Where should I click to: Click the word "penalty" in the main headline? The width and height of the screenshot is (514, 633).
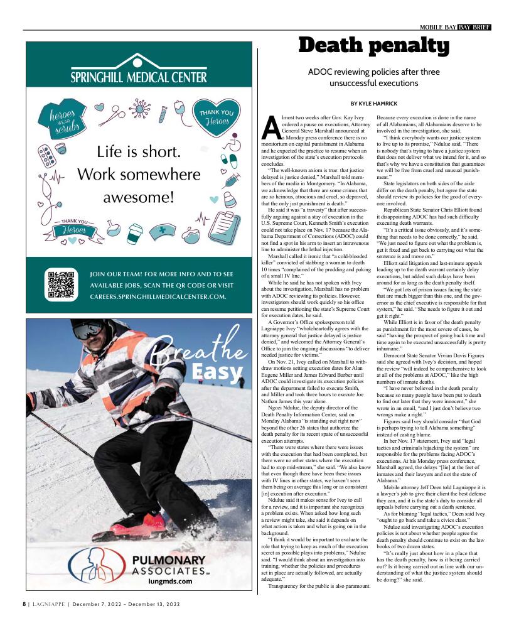pos(409,45)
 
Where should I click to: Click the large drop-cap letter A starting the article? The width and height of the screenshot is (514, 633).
pos(270,129)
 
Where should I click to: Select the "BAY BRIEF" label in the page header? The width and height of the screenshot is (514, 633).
pos(474,27)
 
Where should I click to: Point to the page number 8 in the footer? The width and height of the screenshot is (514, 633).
pos(24,603)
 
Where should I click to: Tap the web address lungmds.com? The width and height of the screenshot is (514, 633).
pos(170,581)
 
